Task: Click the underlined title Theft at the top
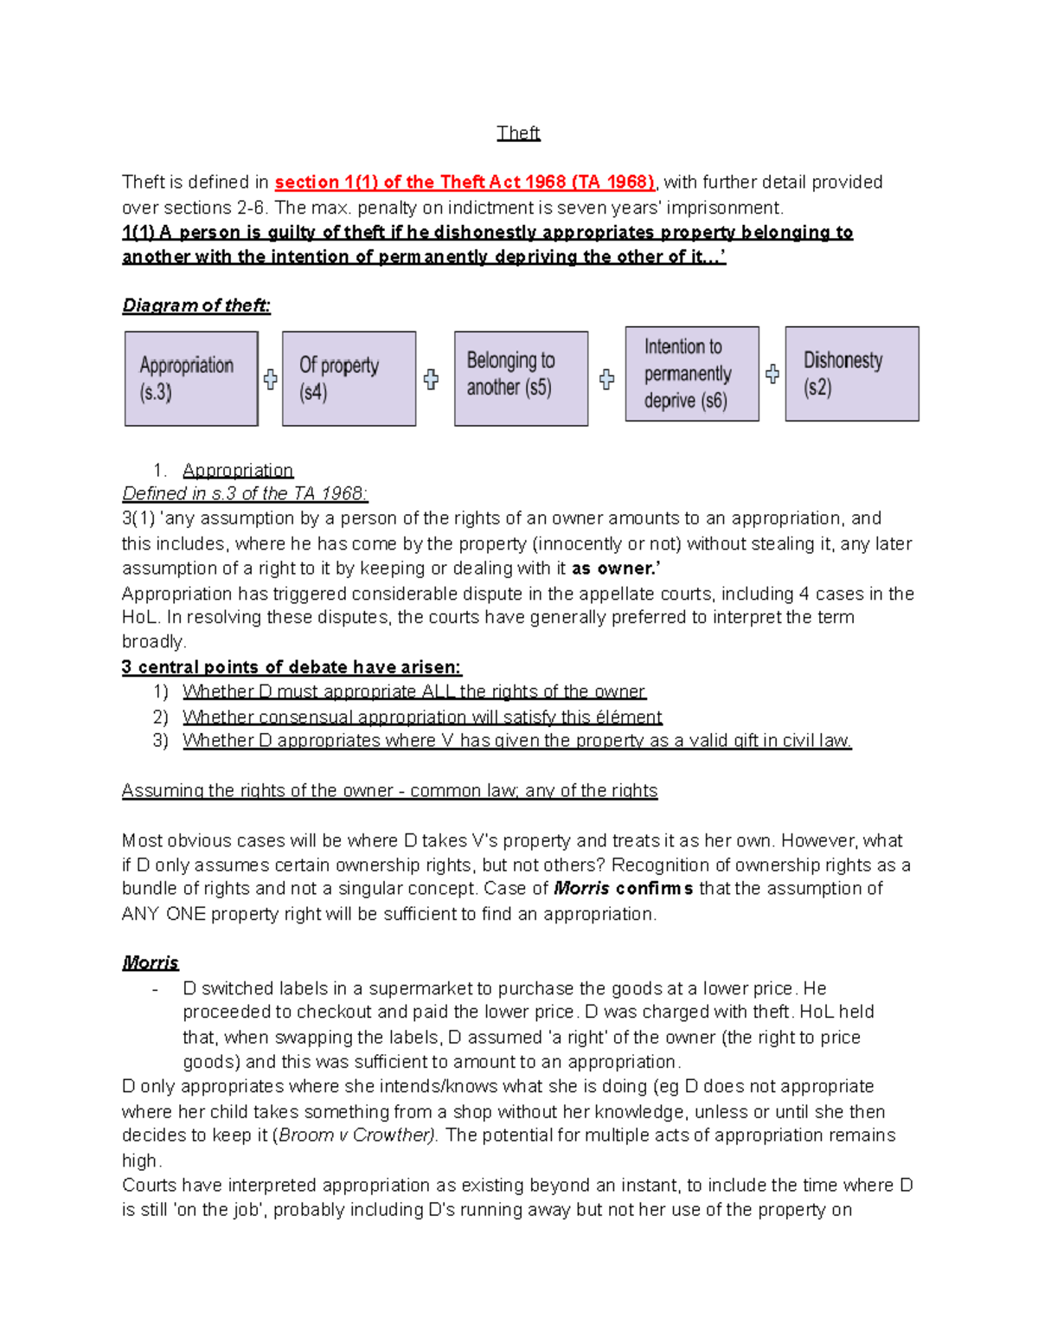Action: (518, 133)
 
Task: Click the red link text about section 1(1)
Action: (465, 183)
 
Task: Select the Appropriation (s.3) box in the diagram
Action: (191, 379)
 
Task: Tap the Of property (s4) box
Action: (349, 379)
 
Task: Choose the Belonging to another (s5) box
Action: (521, 379)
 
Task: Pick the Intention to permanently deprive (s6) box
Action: (692, 374)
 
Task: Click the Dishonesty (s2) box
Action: (851, 374)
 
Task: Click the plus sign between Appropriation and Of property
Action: (271, 379)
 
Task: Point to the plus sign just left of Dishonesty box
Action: (772, 374)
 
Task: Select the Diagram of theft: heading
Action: (196, 305)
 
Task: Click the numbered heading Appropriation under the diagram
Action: (238, 470)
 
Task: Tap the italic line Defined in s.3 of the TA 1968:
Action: (245, 493)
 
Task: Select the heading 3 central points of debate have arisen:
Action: (292, 667)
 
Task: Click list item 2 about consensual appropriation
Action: (422, 717)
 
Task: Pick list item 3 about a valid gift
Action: (516, 741)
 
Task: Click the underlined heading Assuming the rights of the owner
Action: (389, 791)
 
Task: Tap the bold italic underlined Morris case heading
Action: (151, 963)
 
